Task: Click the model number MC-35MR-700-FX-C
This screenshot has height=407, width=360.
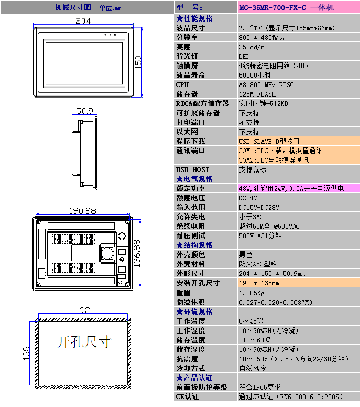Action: [272, 7]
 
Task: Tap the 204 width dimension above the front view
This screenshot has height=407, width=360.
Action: [83, 21]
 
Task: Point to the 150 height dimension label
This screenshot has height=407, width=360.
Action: [138, 62]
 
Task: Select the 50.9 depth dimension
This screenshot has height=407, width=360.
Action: [84, 111]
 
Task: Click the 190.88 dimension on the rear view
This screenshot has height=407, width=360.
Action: [82, 210]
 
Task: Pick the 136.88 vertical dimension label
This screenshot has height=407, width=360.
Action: [137, 253]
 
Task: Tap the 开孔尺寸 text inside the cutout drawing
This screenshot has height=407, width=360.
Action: [84, 342]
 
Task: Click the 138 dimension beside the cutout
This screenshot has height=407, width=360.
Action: [26, 353]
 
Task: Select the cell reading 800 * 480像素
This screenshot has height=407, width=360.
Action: [262, 38]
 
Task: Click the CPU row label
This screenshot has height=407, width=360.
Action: [182, 85]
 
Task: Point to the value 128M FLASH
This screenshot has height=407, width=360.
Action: [257, 94]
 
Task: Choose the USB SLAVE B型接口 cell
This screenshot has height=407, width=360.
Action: [269, 141]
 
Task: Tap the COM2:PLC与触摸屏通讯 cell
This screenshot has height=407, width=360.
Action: [274, 160]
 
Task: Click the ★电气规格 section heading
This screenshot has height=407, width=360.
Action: [194, 179]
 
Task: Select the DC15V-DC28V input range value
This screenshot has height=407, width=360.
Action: [259, 207]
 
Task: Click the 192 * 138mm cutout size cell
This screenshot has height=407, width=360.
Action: [259, 283]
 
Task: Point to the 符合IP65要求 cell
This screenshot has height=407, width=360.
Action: [259, 387]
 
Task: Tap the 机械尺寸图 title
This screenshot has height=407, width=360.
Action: [73, 7]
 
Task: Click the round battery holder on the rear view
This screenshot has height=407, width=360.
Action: [107, 253]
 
